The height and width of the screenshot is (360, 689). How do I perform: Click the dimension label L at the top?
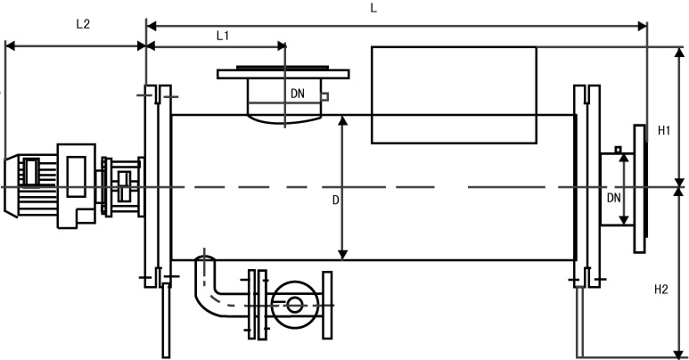click(373, 8)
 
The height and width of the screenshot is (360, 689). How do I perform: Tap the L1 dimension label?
click(224, 35)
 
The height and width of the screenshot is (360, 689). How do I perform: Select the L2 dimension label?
click(83, 24)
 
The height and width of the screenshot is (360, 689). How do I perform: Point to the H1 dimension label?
click(664, 131)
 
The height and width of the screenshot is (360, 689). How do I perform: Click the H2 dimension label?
click(661, 289)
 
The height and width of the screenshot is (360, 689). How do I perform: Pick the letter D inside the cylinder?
click(335, 200)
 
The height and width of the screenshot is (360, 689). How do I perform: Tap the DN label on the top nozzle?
click(298, 93)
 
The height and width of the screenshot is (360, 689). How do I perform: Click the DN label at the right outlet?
click(613, 198)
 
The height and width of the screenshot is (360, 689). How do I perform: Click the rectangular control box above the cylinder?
click(453, 94)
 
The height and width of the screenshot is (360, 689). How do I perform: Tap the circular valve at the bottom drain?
click(294, 305)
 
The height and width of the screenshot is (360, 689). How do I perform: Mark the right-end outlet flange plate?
click(639, 187)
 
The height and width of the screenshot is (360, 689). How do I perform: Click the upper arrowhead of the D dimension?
click(342, 119)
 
